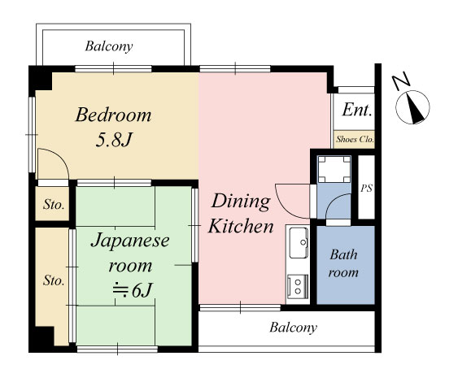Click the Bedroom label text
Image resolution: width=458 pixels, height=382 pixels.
click(x=113, y=115)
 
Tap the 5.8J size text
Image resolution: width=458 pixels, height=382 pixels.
click(x=114, y=140)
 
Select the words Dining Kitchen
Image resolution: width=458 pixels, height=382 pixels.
click(x=241, y=214)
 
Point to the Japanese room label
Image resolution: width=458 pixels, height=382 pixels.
click(x=130, y=253)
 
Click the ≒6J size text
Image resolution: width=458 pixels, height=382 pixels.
click(x=133, y=291)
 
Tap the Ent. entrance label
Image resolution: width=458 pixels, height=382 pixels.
click(x=357, y=110)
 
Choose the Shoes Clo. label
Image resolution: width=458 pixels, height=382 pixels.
click(x=355, y=139)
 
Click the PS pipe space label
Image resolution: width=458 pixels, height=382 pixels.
click(x=366, y=189)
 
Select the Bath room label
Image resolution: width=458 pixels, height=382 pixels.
click(x=343, y=263)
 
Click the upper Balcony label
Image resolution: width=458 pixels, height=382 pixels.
click(x=109, y=46)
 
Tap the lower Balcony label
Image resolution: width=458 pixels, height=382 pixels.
click(x=293, y=328)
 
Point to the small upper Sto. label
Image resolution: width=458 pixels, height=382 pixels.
click(x=54, y=205)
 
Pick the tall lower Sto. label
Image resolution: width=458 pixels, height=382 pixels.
click(x=54, y=280)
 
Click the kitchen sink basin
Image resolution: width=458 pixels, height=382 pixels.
click(x=299, y=242)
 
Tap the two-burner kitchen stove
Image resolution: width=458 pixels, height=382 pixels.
click(x=298, y=286)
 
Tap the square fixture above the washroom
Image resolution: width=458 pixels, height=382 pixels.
click(x=334, y=169)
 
